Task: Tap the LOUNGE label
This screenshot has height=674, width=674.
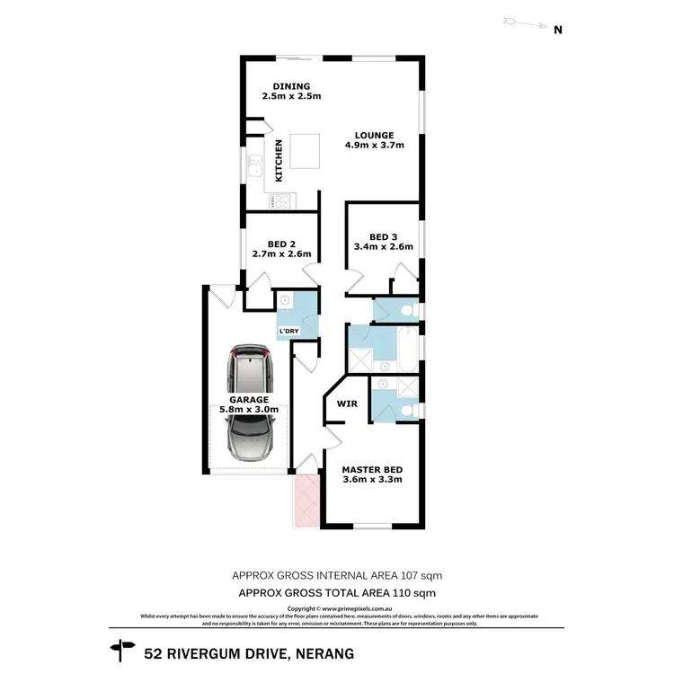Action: click(x=374, y=136)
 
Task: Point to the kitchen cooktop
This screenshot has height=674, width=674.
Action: click(x=279, y=201)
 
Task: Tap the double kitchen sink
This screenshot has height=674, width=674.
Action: click(x=255, y=165)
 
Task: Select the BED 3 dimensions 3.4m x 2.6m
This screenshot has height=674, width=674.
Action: click(x=384, y=247)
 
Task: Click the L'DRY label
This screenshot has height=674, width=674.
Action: click(x=288, y=332)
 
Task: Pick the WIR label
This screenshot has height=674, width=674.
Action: click(x=347, y=404)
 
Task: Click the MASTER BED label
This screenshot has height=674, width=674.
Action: click(x=371, y=469)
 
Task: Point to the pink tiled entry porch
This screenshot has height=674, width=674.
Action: click(x=306, y=501)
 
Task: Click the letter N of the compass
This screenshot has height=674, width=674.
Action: click(x=557, y=30)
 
